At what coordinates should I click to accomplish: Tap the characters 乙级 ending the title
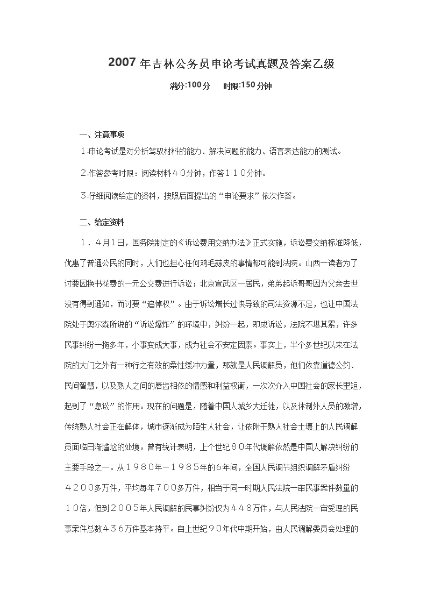326,63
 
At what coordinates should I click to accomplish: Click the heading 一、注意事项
102,134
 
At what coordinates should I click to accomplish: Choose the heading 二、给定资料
102,222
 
